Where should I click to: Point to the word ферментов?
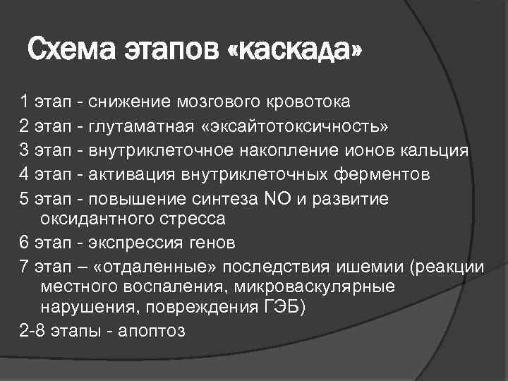(371, 174)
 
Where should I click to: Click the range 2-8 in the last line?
(32, 331)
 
